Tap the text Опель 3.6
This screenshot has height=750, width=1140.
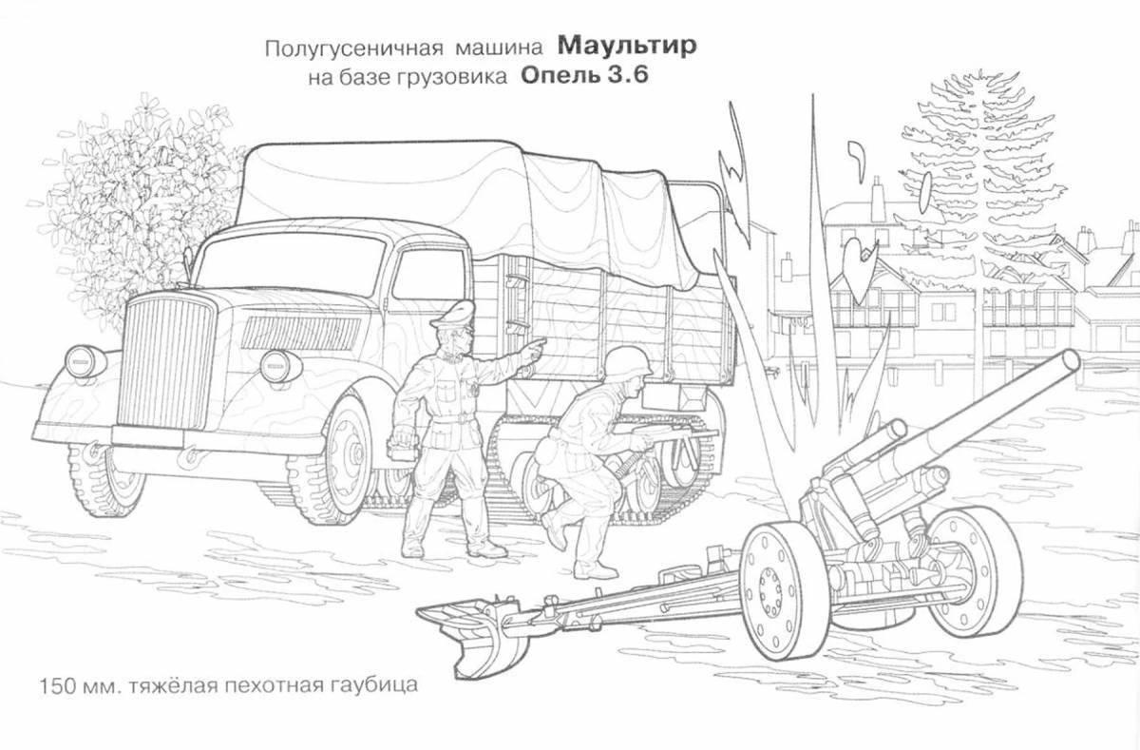point(584,77)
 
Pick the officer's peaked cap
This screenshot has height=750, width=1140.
point(455,315)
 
